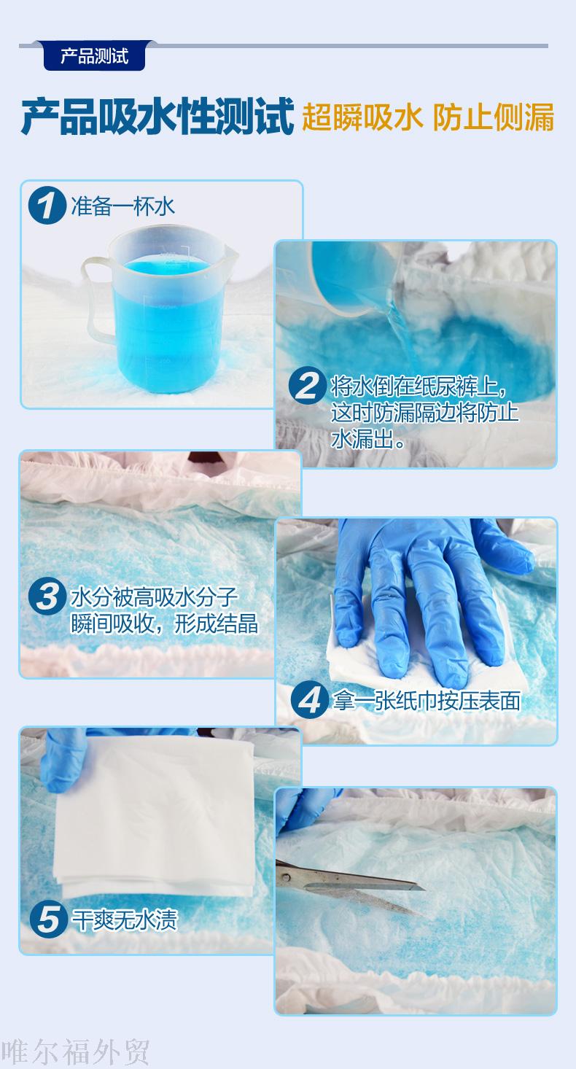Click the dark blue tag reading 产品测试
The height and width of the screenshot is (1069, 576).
tap(94, 56)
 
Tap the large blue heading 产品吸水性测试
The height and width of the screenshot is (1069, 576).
tap(157, 117)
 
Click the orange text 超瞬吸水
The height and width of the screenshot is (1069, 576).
tap(362, 117)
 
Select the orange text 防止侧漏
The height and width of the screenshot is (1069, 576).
tap(493, 117)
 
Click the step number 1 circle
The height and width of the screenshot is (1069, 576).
tap(47, 206)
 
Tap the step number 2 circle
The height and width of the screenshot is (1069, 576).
tap(308, 385)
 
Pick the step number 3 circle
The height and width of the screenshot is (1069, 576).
tap(47, 596)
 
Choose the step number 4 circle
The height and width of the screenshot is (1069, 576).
tap(309, 699)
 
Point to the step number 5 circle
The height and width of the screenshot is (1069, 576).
tap(49, 920)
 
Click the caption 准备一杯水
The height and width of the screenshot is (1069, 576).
tap(122, 206)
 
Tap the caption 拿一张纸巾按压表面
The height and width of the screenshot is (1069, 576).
tap(427, 701)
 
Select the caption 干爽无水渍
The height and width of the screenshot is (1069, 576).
tap(125, 920)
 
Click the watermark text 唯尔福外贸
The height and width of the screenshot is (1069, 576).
tap(75, 1051)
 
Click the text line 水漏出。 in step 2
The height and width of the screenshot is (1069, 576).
tap(368, 439)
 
